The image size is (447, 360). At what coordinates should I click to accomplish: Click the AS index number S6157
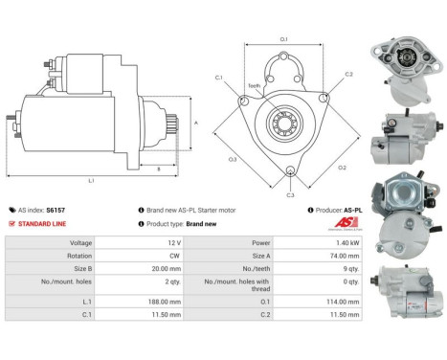click(x=56, y=210)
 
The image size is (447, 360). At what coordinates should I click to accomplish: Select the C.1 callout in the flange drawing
click(x=219, y=77)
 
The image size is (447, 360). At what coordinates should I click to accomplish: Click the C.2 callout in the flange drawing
click(x=348, y=74)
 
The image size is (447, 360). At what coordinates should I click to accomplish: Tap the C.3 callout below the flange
click(x=290, y=195)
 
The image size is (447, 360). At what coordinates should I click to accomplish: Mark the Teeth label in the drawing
click(x=254, y=85)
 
